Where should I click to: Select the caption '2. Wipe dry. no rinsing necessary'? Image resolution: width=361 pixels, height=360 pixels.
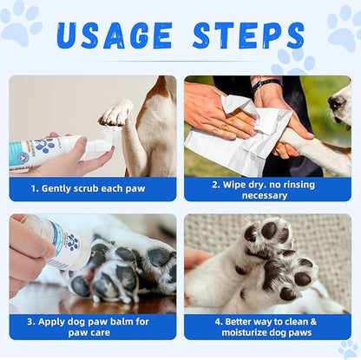click(267, 189)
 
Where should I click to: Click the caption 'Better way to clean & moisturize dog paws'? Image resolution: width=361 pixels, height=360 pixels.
click(267, 326)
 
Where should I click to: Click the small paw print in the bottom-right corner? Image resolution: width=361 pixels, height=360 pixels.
click(351, 348)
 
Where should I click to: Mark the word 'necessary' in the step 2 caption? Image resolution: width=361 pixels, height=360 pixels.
click(267, 196)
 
